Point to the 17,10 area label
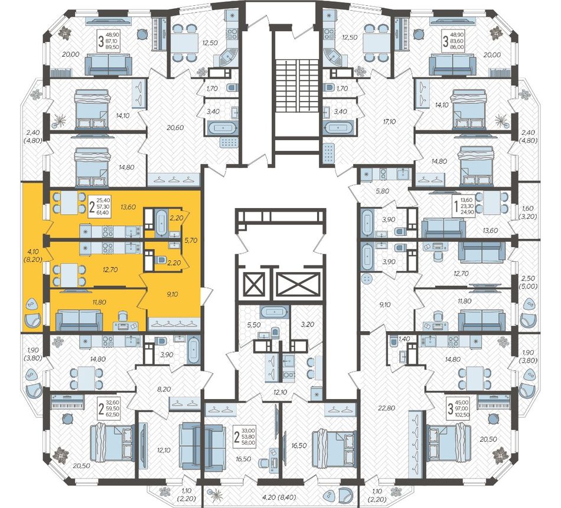(x=389, y=122)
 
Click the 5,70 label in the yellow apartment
(x=190, y=241)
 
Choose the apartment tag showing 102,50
(x=459, y=409)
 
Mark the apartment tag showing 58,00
(x=244, y=436)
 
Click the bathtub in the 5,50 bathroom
(x=275, y=312)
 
